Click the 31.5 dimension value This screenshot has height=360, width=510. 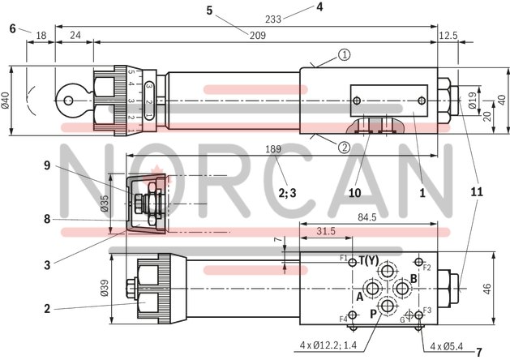coord(326,231)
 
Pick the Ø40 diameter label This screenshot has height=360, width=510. coord(6,100)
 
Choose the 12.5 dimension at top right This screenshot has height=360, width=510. coord(448,36)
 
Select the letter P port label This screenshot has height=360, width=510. coord(373,314)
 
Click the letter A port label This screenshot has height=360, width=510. coord(358,296)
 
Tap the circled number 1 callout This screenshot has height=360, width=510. coord(344,55)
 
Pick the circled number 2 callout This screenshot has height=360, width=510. coord(344,147)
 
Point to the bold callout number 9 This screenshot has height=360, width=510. coord(48,165)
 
